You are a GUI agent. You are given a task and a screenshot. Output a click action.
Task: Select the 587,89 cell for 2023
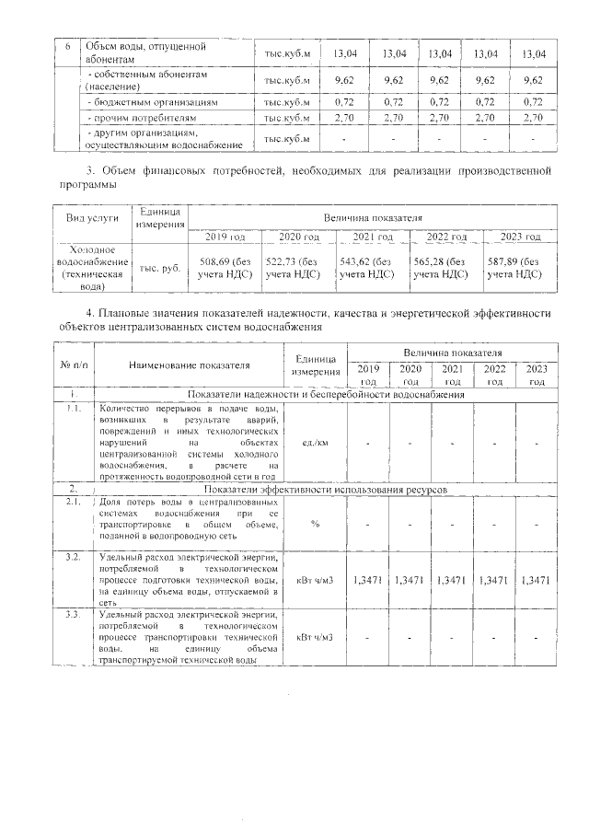click(x=516, y=267)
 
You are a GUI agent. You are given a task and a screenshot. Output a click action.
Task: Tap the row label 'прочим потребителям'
click(x=141, y=118)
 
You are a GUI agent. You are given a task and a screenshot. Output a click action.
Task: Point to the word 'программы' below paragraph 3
click(x=89, y=184)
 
